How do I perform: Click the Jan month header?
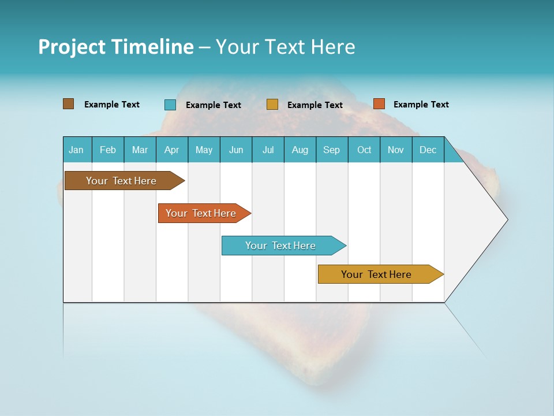point(77,150)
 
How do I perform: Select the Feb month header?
point(108,150)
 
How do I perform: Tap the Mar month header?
point(140,150)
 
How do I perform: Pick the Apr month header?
point(172,150)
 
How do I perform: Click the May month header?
point(204,150)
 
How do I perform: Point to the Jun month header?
point(236,150)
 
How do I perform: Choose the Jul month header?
point(268,150)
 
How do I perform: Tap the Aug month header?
point(300,150)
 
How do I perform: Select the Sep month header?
point(332,150)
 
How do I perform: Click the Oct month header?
point(364,150)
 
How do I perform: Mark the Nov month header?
point(396,150)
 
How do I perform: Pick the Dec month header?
point(428,150)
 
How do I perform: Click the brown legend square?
point(69,104)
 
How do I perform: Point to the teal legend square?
point(170,105)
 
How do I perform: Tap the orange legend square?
point(379,104)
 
